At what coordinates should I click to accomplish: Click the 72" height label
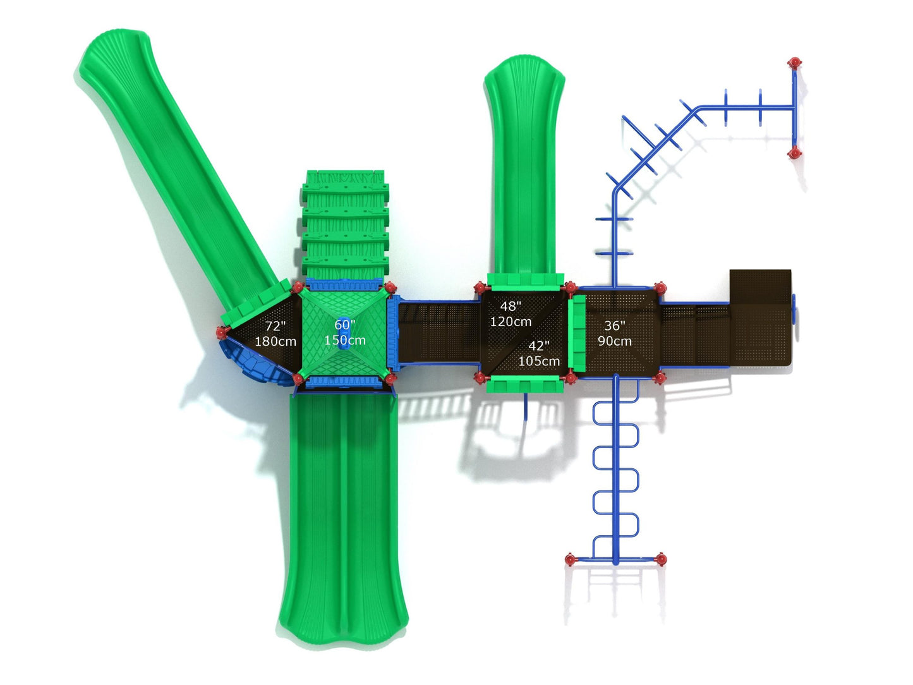tap(275, 325)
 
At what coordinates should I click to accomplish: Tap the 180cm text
tap(275, 341)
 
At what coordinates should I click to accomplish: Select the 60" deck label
tap(344, 324)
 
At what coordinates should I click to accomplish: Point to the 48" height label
tap(511, 306)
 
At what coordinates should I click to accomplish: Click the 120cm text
tap(511, 322)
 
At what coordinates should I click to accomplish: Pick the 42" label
tap(539, 345)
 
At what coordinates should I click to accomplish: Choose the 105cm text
tap(539, 361)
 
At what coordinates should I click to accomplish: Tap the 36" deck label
tap(614, 325)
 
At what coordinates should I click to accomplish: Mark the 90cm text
tap(615, 341)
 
